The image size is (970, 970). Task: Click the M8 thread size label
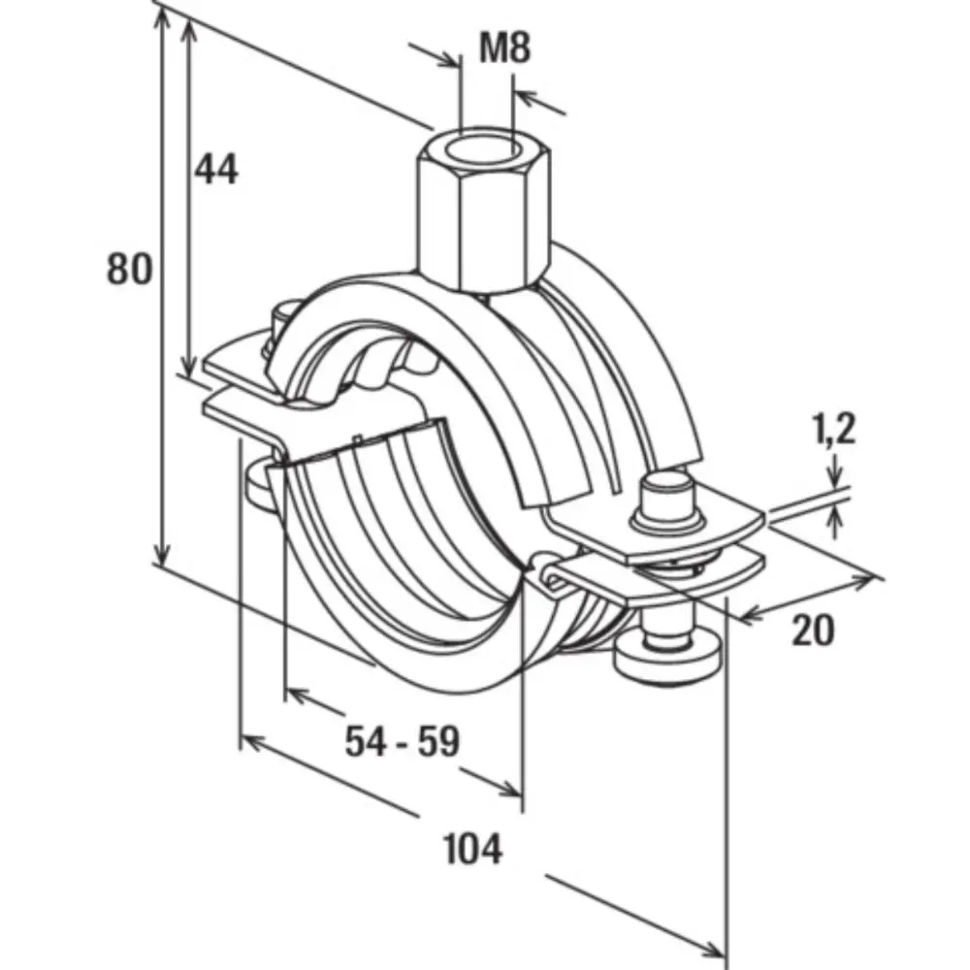tap(506, 48)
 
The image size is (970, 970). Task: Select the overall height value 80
tap(129, 268)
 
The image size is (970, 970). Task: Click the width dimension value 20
tap(812, 631)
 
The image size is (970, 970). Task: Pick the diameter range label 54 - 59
tap(402, 743)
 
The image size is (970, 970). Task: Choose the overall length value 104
tap(473, 850)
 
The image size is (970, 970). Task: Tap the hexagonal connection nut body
tap(481, 223)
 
